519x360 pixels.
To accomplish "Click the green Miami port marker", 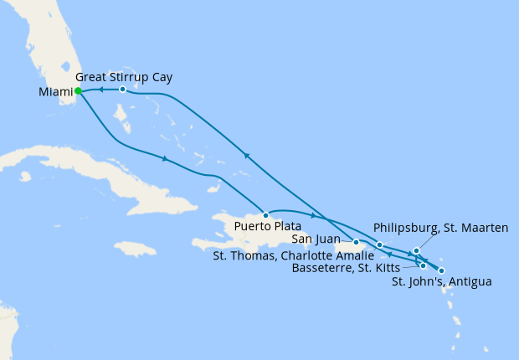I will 77,91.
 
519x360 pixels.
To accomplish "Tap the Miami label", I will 55,92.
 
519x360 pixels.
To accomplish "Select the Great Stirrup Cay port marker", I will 122,89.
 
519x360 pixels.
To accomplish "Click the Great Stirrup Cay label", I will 130,77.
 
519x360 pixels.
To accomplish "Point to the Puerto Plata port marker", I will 265,214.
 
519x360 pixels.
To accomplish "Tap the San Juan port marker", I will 357,242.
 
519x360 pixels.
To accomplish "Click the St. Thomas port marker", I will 380,245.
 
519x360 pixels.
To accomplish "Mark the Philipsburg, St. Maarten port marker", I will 416,250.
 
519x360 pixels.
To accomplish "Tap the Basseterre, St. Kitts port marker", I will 424,265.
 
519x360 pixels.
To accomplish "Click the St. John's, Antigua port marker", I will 441,270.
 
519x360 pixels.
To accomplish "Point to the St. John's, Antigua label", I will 441,282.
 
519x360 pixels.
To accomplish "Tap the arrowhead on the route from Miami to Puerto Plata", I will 166,158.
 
